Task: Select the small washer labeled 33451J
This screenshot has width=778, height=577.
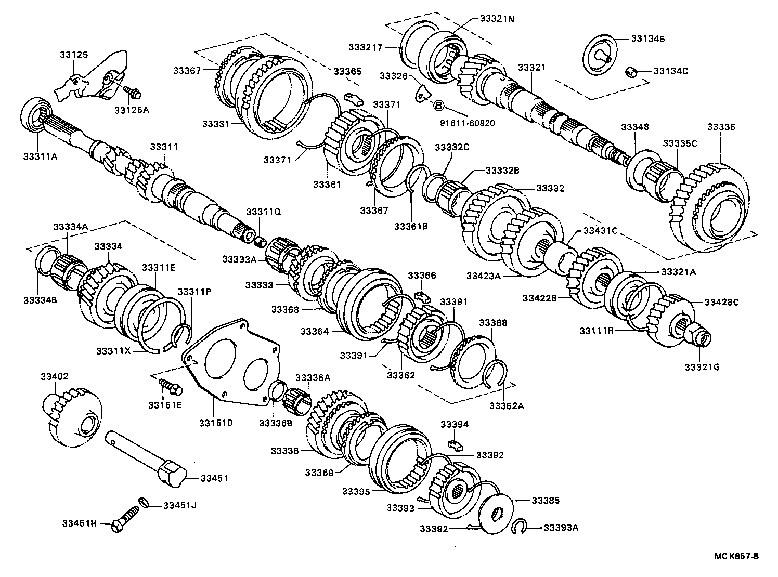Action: pos(143,503)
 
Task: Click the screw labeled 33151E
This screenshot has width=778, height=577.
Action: pos(170,386)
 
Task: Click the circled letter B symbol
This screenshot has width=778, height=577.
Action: pos(438,106)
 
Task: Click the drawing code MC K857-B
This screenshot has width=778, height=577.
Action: pos(736,556)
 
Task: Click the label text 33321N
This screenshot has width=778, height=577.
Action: pos(497,18)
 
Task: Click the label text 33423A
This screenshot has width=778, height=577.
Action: pos(483,276)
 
